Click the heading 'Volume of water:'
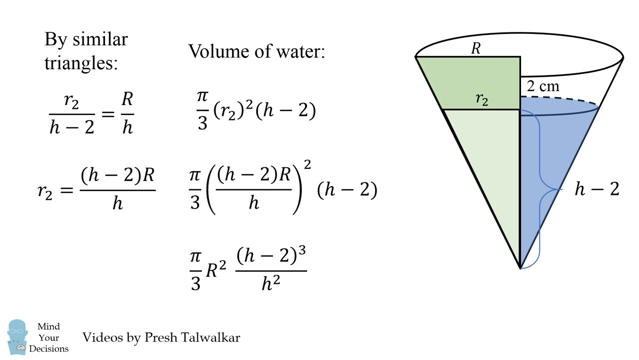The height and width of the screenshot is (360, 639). pyautogui.click(x=256, y=51)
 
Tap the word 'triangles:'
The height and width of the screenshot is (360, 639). pyautogui.click(x=81, y=63)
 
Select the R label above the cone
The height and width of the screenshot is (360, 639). pyautogui.click(x=476, y=48)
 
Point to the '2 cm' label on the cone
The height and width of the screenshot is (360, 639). pyautogui.click(x=543, y=86)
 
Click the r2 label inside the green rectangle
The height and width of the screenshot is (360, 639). pyautogui.click(x=482, y=99)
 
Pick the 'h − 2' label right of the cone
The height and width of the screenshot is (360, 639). pyautogui.click(x=597, y=189)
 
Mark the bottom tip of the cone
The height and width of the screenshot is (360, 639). pyautogui.click(x=520, y=268)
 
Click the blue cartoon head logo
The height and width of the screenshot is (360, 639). pyautogui.click(x=17, y=336)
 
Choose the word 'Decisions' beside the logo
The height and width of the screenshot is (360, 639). pyautogui.click(x=49, y=349)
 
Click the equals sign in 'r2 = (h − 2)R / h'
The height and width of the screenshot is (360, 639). pyautogui.click(x=66, y=190)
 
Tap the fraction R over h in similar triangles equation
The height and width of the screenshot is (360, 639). pyautogui.click(x=127, y=114)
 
